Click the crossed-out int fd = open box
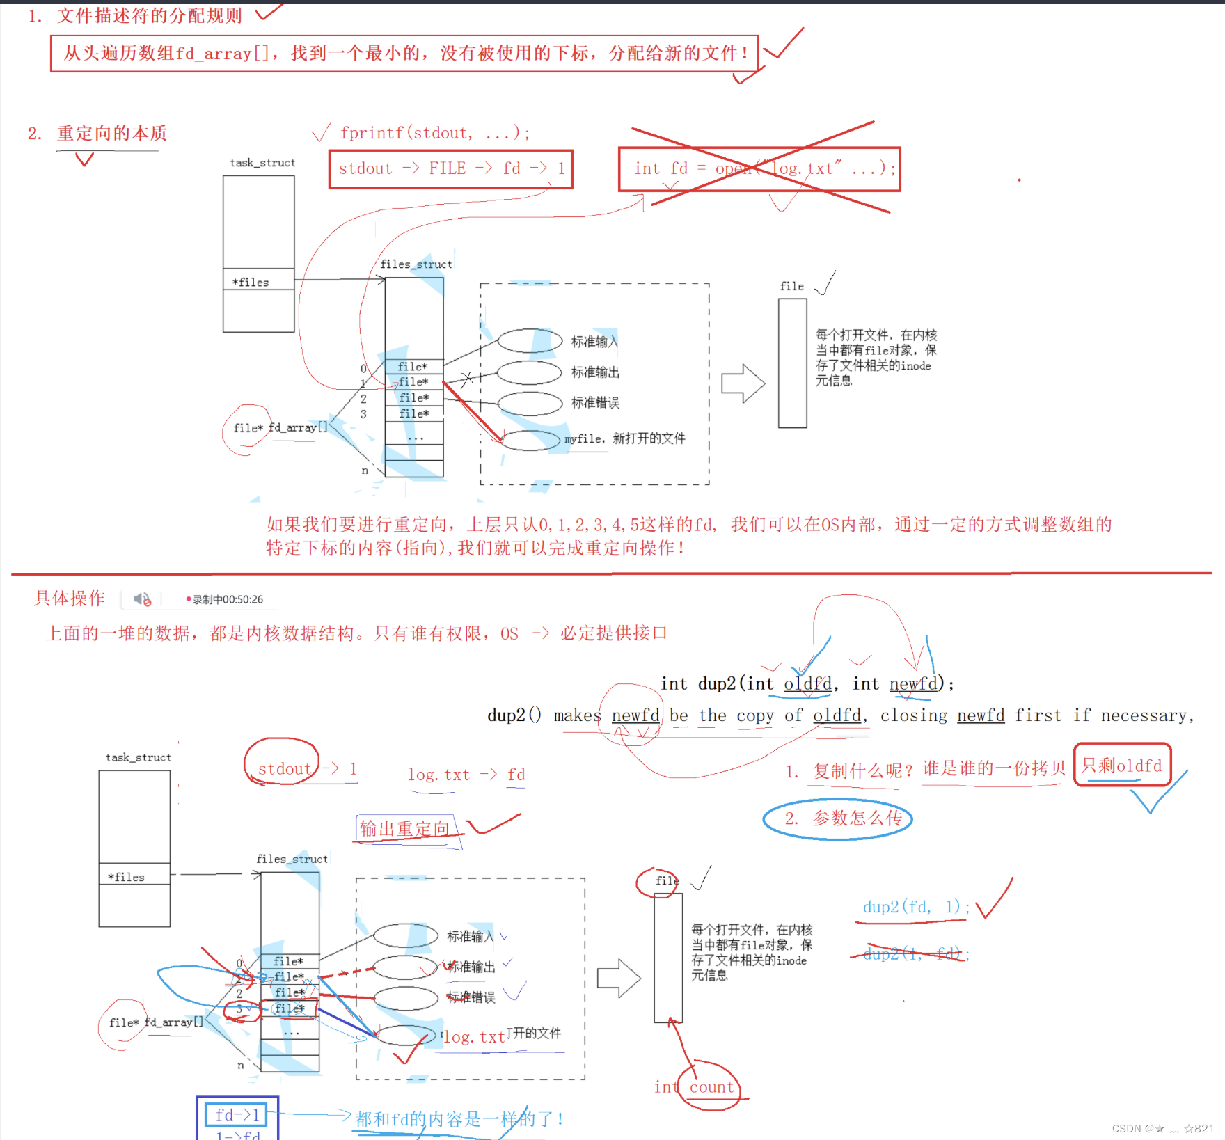[x=759, y=169]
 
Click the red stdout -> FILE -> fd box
[x=451, y=169]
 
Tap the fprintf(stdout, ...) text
[x=435, y=133]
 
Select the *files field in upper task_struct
[x=258, y=280]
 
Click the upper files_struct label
[x=416, y=264]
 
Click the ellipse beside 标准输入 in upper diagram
[x=530, y=341]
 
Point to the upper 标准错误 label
[x=595, y=403]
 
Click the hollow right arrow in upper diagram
[x=743, y=383]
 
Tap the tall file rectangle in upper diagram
[x=792, y=363]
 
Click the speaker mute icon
[x=143, y=599]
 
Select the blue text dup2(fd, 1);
[x=915, y=907]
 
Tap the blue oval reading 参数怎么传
[x=837, y=818]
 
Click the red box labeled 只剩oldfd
[x=1122, y=766]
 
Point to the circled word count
[x=711, y=1087]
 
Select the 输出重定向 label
[x=404, y=829]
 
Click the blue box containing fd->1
[x=237, y=1115]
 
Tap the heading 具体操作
[x=70, y=599]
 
